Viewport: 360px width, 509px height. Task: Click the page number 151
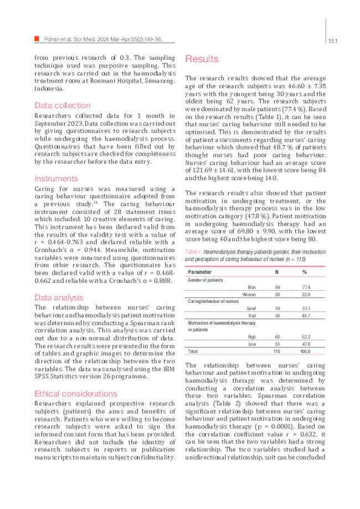coord(333,40)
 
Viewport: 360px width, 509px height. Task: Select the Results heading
coord(202,59)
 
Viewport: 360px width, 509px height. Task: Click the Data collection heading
coord(62,105)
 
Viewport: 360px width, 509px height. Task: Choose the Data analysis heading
coord(57,297)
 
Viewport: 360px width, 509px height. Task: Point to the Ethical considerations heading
coord(76,394)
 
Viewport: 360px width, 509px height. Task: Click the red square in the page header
coord(37,39)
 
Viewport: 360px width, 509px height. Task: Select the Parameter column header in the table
coord(199,272)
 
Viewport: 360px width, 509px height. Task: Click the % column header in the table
coord(305,272)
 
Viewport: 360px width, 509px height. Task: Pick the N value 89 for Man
coord(277,287)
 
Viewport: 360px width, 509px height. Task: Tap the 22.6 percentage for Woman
coord(306,294)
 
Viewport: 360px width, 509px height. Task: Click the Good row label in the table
coord(251,308)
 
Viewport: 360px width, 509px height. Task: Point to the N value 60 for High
coord(277,337)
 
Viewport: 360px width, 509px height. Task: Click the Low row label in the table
coord(251,344)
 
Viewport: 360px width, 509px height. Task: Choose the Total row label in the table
coord(193,351)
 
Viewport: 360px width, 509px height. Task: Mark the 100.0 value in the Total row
coord(305,351)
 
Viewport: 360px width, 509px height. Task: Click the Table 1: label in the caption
coord(193,252)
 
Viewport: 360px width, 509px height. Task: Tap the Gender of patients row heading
coord(205,280)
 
